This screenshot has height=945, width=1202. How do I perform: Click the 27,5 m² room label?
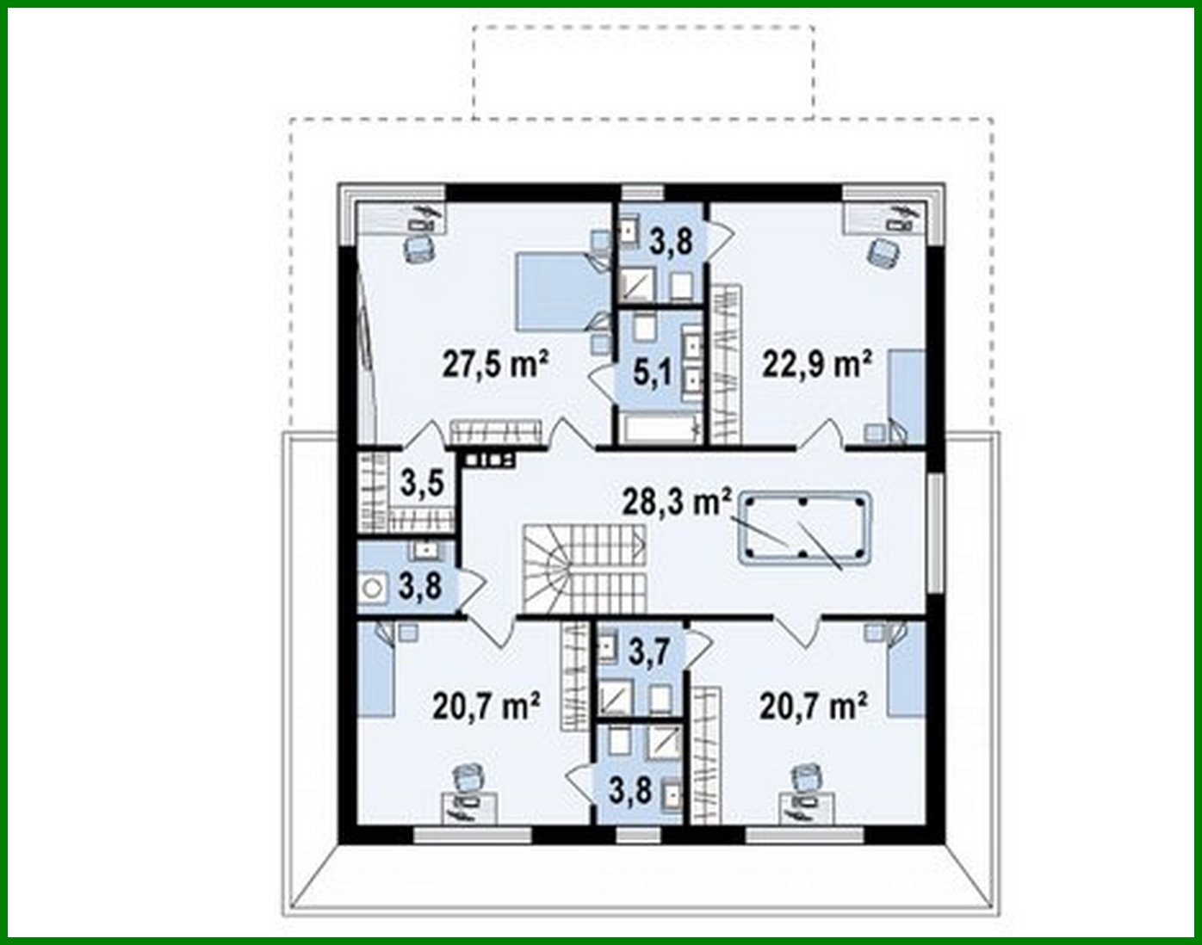[x=496, y=364]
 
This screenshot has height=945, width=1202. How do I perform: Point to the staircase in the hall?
[x=582, y=569]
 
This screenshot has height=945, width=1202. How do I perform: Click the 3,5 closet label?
[x=422, y=483]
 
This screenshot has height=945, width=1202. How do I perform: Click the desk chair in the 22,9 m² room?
[x=883, y=252]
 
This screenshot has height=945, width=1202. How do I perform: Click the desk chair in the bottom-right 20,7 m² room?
[x=806, y=778]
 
